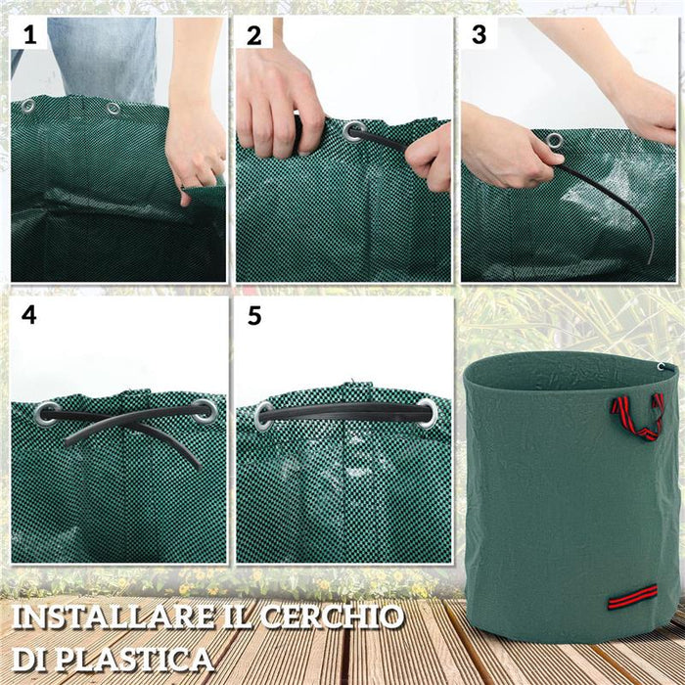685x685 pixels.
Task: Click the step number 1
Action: [29, 36]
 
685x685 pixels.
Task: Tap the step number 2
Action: [254, 36]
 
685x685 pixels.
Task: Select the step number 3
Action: [479, 35]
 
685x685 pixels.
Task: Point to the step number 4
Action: [29, 317]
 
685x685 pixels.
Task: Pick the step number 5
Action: [254, 317]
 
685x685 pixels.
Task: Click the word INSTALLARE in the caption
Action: [108, 617]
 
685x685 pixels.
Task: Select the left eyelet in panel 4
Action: [46, 413]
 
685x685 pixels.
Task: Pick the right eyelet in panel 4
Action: [203, 410]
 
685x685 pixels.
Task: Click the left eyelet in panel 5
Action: [264, 416]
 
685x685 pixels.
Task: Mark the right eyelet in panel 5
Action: [427, 411]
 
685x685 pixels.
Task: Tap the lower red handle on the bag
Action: [632, 595]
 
